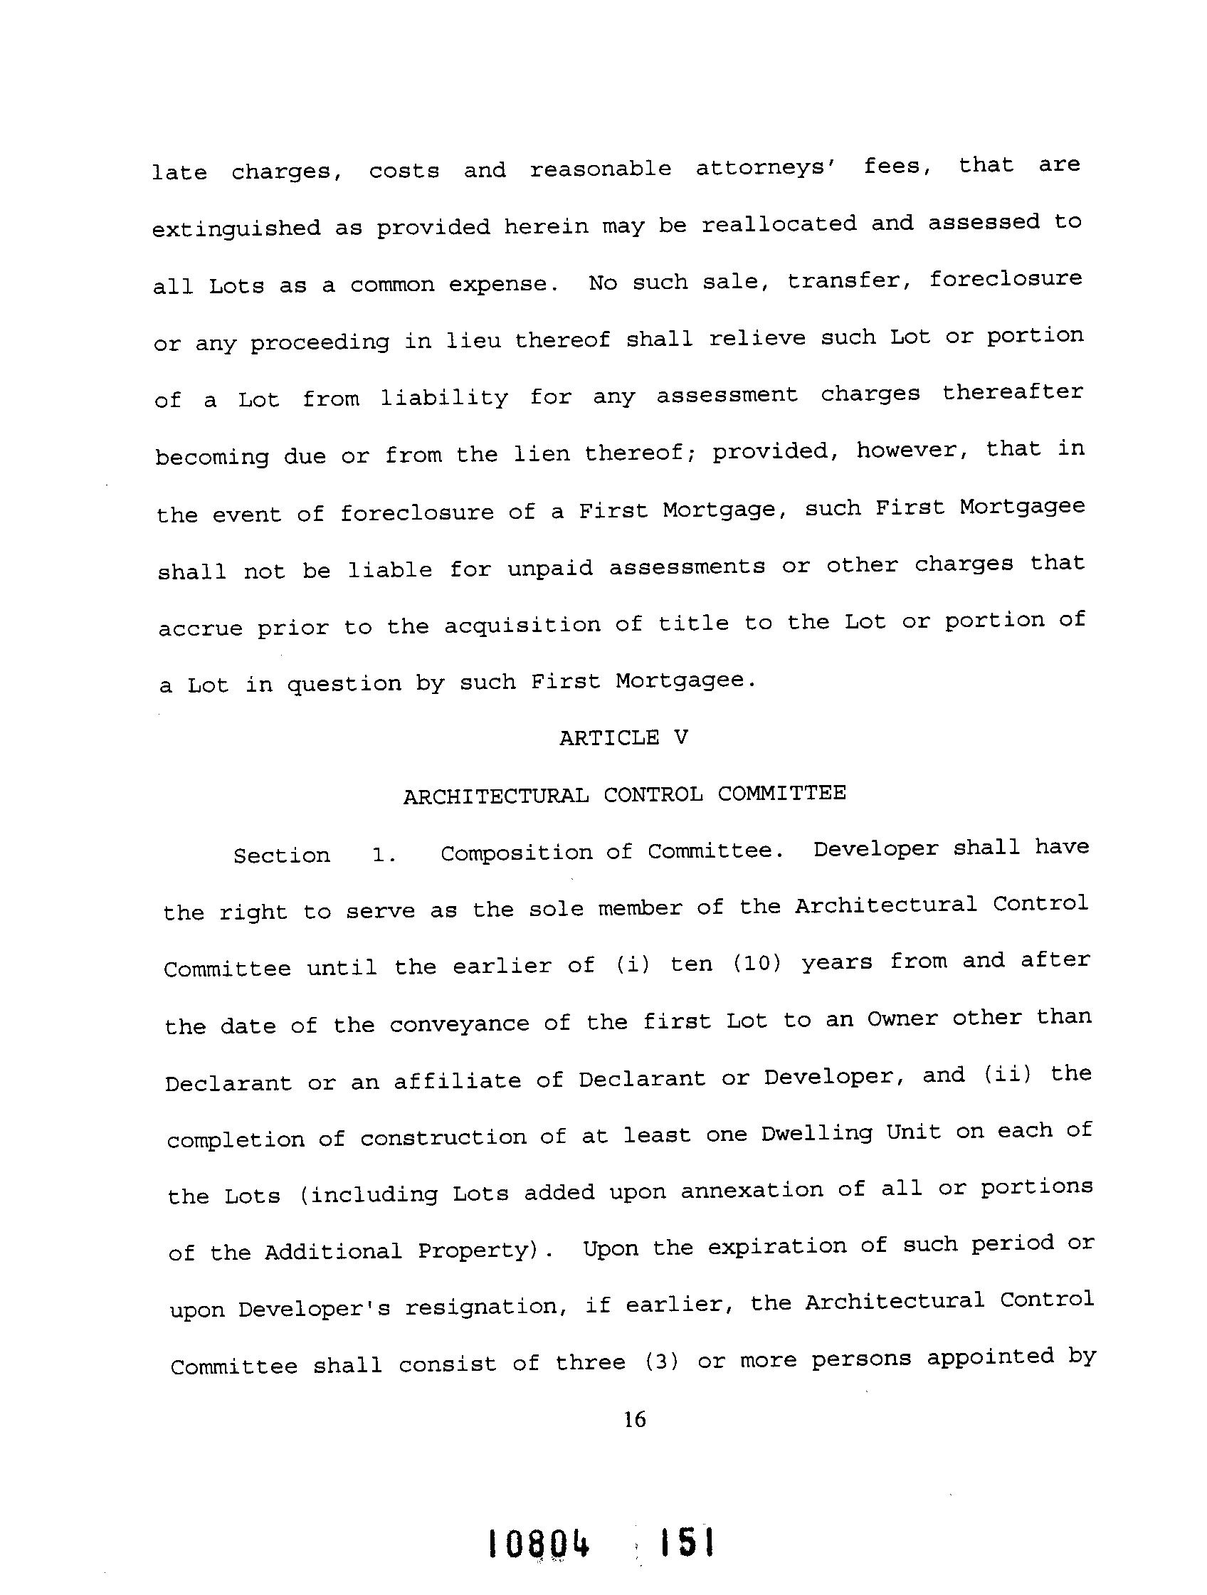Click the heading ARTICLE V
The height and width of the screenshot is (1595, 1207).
[x=623, y=737]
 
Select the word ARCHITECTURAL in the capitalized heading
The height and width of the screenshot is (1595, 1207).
[x=495, y=796]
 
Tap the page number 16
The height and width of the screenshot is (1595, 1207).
[x=635, y=1420]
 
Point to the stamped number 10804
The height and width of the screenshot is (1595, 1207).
[x=539, y=1544]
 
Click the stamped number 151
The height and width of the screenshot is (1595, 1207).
[x=687, y=1542]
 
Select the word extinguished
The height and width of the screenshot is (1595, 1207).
[x=236, y=228]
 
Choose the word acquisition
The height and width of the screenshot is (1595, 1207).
[x=522, y=625]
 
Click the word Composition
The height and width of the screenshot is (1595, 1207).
[x=515, y=853]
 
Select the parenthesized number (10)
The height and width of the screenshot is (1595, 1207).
[x=757, y=964]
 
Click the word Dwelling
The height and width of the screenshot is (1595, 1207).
[x=816, y=1135]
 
